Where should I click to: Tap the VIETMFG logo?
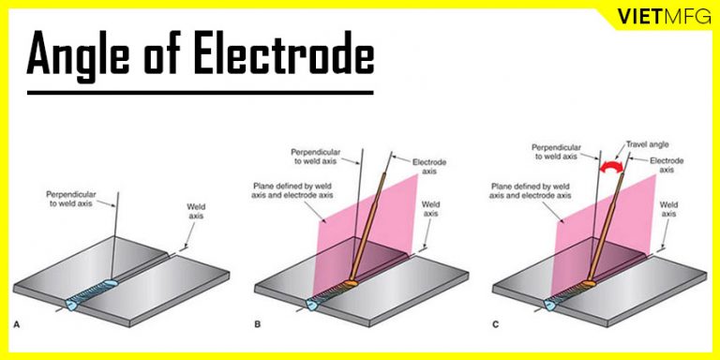tap(656, 17)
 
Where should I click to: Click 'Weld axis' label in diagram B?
tap(432, 209)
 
